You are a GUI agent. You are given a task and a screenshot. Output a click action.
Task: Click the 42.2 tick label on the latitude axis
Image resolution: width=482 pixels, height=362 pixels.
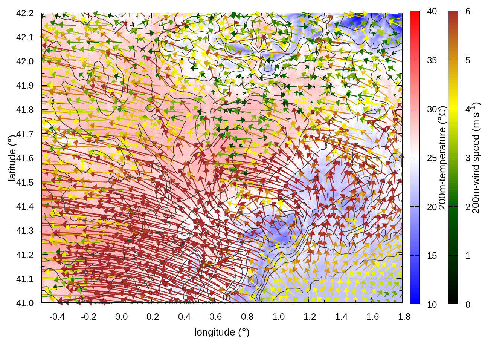(25, 13)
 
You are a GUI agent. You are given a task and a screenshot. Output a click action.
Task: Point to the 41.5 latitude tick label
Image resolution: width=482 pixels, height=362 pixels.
(25, 183)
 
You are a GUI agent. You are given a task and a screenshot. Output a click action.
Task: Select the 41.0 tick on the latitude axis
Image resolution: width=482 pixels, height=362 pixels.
(25, 303)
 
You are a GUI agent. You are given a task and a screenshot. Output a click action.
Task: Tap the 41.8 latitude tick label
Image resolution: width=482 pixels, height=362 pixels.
(25, 110)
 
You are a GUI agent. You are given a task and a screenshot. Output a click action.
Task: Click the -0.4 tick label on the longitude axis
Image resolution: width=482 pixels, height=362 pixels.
(57, 317)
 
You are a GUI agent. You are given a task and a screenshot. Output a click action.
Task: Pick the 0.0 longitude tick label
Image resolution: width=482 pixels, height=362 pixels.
(121, 317)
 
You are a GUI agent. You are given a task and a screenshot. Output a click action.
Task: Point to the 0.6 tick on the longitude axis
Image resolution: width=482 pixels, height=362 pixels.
(216, 317)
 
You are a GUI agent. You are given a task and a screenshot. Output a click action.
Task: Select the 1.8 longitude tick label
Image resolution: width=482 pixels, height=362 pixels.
(404, 317)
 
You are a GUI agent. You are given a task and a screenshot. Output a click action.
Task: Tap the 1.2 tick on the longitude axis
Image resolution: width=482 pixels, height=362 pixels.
(310, 317)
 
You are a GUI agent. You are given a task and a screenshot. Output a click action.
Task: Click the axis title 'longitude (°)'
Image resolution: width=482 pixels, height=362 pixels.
(222, 332)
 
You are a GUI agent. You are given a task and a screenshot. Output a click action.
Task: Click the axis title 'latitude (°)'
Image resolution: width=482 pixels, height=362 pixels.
(12, 158)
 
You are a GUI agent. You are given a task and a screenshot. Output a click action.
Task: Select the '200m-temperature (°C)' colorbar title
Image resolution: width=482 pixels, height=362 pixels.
(443, 158)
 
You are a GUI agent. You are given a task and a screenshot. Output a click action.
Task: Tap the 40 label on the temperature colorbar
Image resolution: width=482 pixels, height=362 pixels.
(432, 11)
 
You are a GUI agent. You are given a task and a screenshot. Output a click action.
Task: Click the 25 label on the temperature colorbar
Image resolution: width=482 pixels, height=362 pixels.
(432, 158)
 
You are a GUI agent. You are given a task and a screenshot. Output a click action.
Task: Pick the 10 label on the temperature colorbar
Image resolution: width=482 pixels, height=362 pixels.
(432, 304)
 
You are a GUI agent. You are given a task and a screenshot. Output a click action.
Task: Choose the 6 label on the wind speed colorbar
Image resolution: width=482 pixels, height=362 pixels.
(468, 11)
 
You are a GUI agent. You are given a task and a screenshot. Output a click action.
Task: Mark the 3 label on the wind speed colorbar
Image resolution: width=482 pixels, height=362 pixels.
(468, 158)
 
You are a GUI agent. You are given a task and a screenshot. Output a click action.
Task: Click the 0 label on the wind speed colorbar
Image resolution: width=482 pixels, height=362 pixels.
(468, 304)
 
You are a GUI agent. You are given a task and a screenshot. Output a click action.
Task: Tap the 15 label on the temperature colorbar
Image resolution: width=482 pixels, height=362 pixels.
(432, 256)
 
